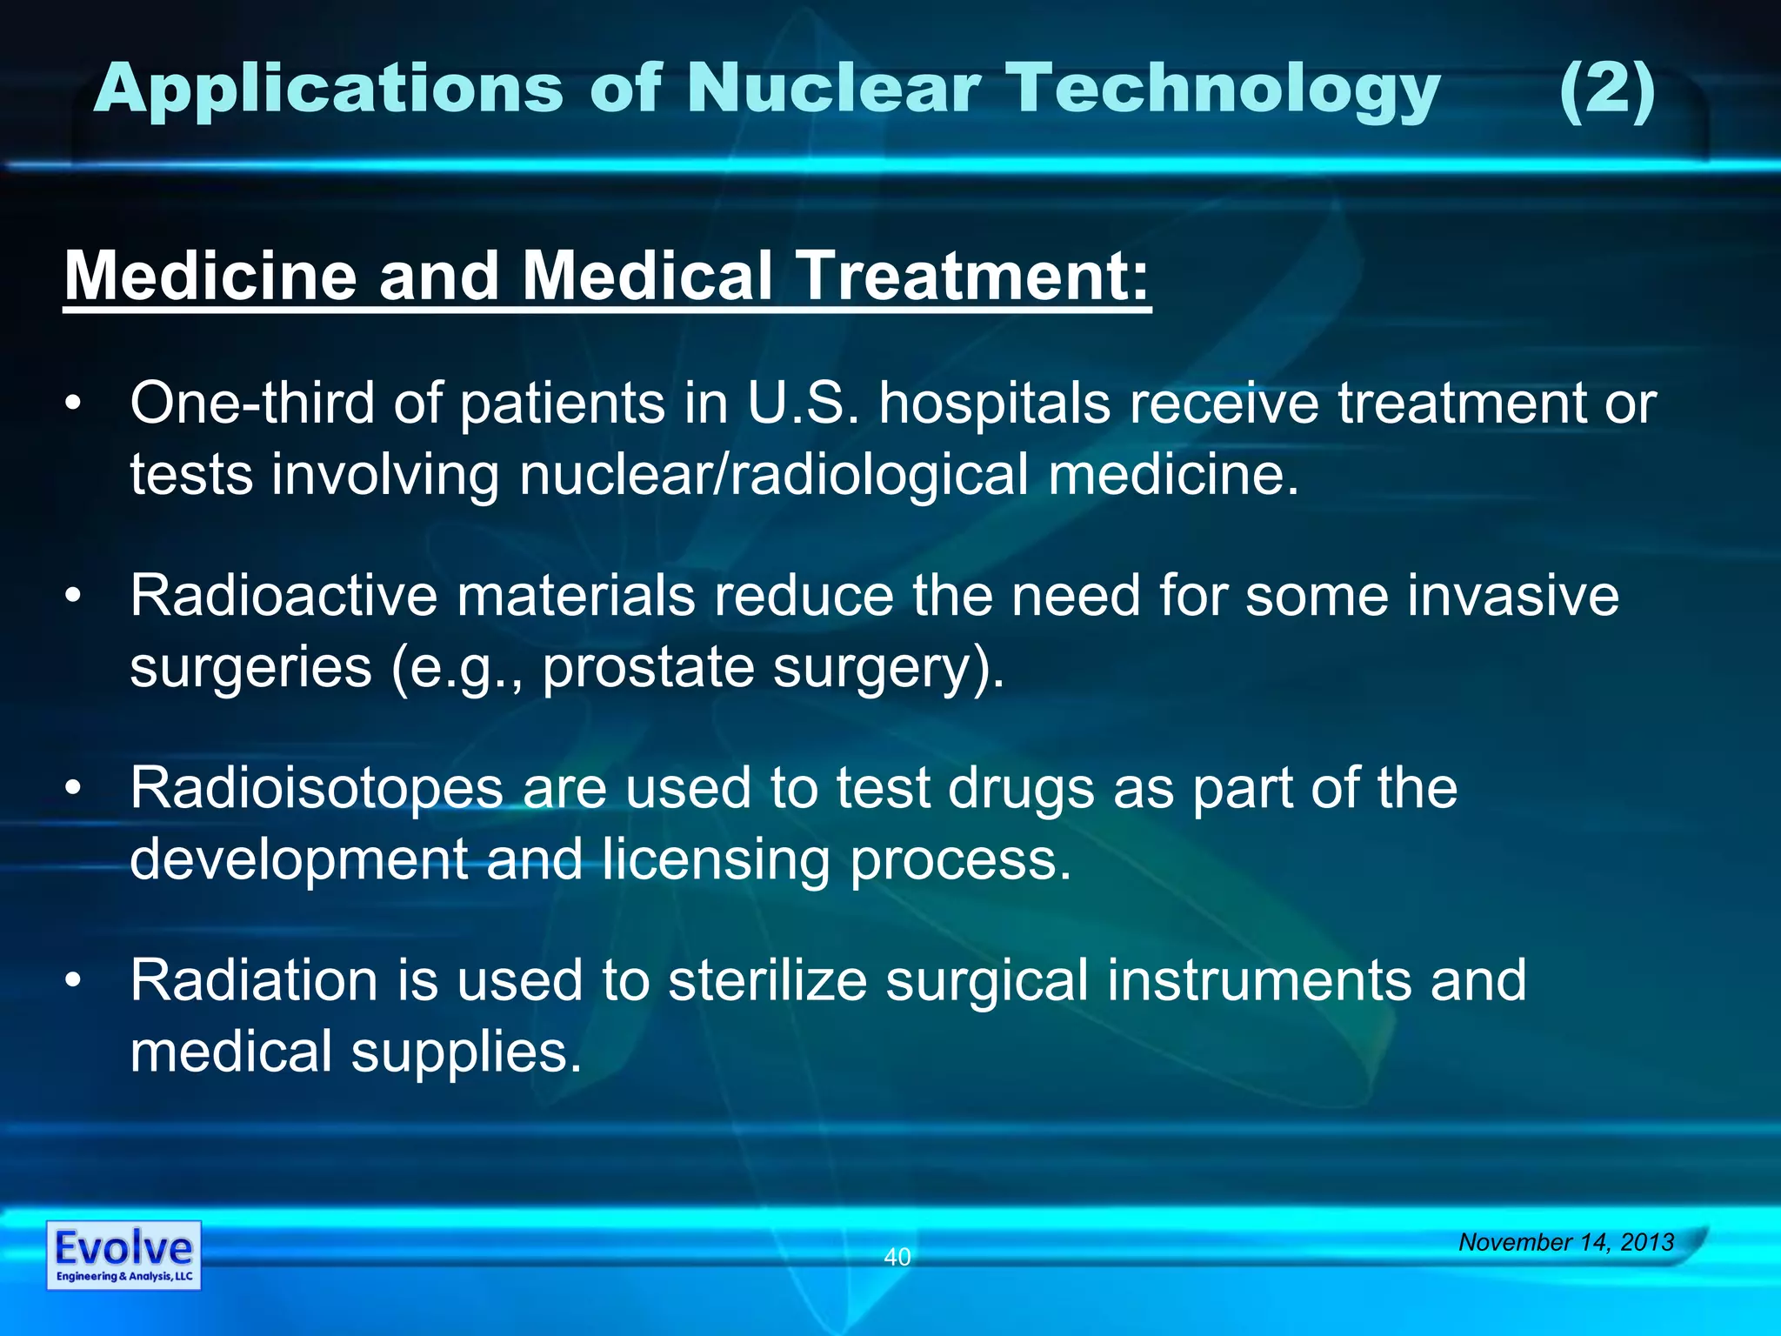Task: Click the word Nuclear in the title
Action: [x=833, y=89]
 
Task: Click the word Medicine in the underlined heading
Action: [x=210, y=276]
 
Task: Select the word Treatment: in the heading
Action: [x=973, y=276]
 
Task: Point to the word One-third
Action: [x=253, y=404]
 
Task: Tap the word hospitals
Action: [x=994, y=405]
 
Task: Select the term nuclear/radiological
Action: [x=773, y=476]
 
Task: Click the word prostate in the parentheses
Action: [x=648, y=669]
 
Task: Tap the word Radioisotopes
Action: [x=317, y=789]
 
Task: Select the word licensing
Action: [x=716, y=860]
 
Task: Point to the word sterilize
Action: [x=767, y=980]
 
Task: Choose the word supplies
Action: [x=466, y=1052]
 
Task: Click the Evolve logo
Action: [x=123, y=1255]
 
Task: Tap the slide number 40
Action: [x=897, y=1257]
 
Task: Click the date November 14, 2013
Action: [x=1565, y=1242]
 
